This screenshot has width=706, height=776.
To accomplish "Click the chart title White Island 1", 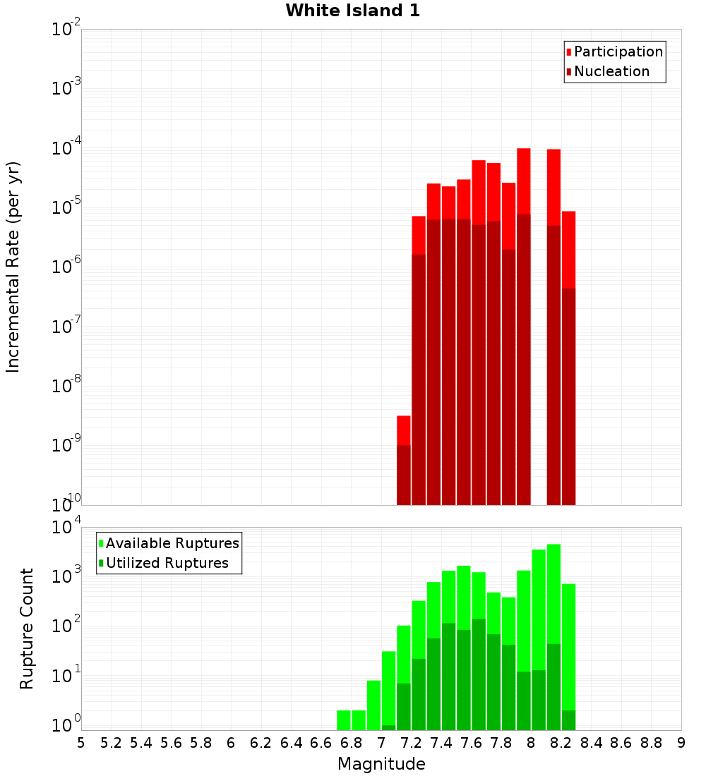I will coord(352,11).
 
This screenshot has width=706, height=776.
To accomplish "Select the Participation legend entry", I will coord(618,51).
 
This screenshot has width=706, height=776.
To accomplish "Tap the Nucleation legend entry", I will coord(611,71).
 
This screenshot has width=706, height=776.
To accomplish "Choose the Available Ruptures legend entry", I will coord(172,543).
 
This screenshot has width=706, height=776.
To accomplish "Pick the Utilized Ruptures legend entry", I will coord(167,563).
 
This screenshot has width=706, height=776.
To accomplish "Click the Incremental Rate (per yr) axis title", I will coord(13,267).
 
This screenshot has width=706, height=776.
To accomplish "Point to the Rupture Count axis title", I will coord(27,628).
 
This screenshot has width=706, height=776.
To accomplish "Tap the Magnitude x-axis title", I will coord(381,764).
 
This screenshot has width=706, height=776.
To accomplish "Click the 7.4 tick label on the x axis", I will coord(441,743).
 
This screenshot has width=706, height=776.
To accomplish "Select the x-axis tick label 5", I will coord(81,743).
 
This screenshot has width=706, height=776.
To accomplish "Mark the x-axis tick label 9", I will coord(681,743).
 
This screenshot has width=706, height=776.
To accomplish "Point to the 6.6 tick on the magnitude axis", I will coord(321,743).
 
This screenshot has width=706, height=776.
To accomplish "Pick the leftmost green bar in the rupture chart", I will coord(344,720).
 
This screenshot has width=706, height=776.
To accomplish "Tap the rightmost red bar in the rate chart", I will coord(568,353).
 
